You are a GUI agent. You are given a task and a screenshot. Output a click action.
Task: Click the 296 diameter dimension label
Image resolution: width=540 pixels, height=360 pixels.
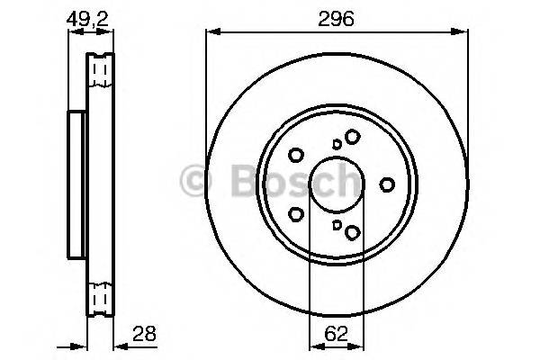point(337,17)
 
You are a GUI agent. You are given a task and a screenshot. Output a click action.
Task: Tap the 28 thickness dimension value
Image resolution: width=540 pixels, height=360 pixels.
point(144,334)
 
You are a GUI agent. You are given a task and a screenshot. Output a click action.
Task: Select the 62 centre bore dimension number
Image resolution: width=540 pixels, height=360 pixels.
point(336,334)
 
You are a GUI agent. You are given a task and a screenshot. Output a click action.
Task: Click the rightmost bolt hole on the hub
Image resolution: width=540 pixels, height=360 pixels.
point(387,184)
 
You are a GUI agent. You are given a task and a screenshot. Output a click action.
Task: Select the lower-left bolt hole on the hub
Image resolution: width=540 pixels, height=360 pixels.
point(295,214)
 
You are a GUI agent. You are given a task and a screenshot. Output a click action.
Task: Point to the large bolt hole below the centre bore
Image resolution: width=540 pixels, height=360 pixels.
point(352,233)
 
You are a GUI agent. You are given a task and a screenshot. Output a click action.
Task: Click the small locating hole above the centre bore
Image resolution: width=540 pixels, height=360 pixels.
point(336,143)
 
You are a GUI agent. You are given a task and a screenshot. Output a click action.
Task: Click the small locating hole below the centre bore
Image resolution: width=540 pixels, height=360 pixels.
point(336,226)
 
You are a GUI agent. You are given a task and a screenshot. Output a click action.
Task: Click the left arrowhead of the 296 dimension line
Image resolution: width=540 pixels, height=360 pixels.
point(211,32)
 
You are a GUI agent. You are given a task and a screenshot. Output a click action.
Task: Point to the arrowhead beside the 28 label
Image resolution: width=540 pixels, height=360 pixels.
point(119,343)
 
